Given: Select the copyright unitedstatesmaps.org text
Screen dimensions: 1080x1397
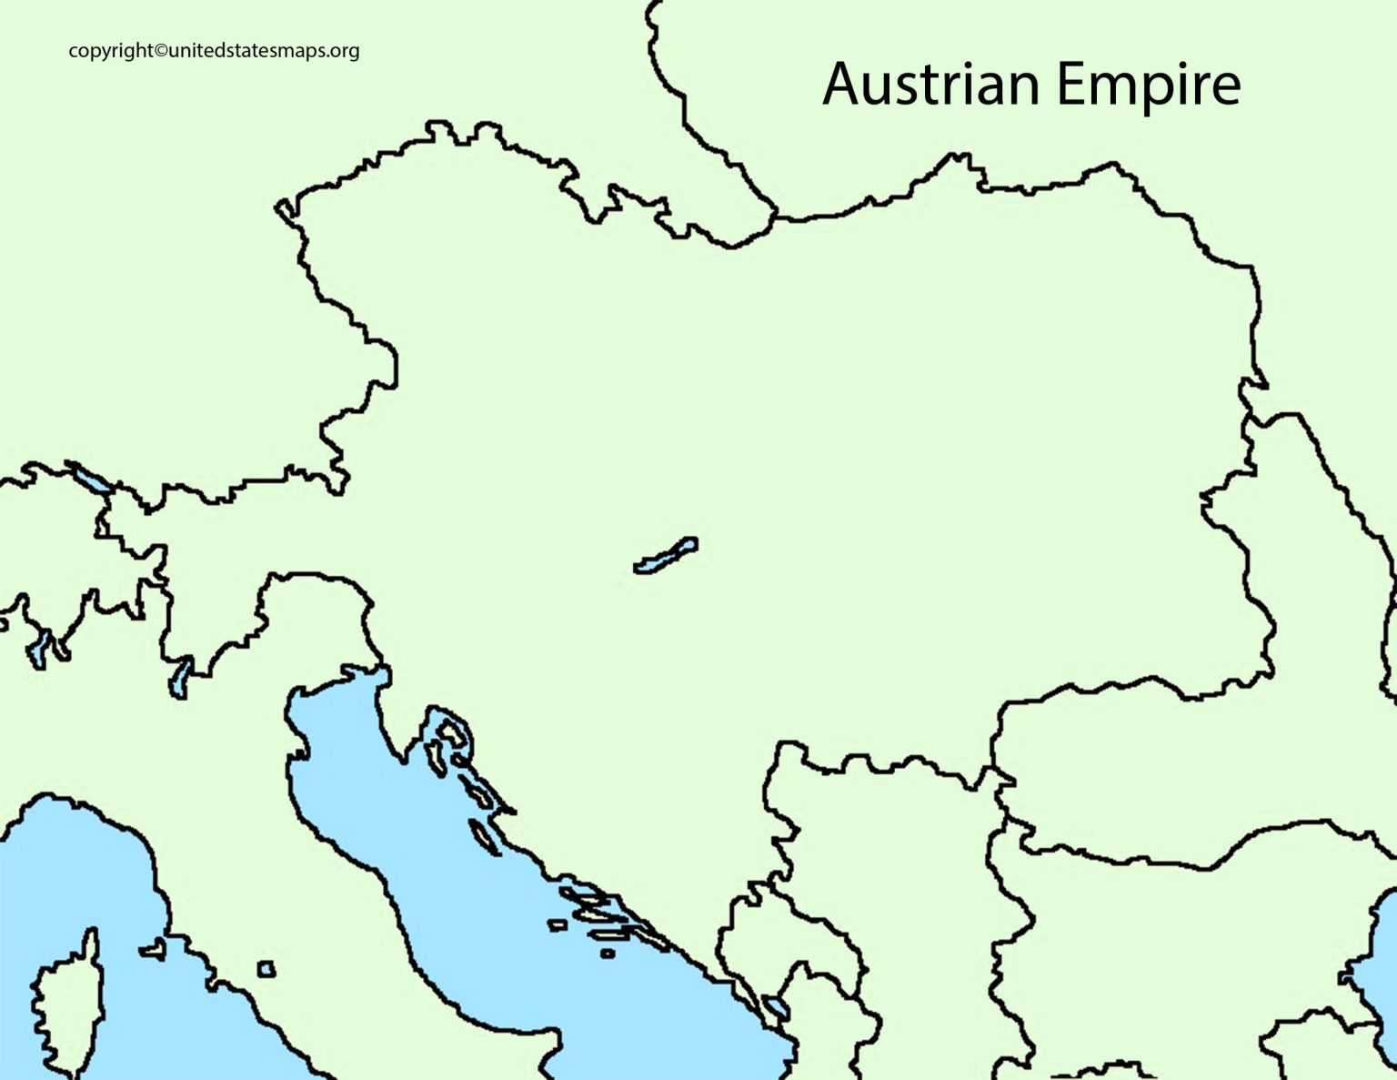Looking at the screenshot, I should (x=214, y=51).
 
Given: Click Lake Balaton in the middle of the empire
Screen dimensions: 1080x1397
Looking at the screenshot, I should (x=666, y=555).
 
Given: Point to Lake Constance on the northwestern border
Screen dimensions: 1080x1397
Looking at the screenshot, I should (x=91, y=479).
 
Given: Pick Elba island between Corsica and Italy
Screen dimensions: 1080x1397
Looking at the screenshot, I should (x=153, y=949).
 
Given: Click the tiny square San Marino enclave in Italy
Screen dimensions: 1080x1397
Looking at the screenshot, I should (x=266, y=969).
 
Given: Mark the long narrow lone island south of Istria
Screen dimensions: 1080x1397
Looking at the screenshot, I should (x=483, y=837).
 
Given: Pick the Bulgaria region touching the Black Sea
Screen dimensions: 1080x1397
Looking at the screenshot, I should (x=1182, y=937).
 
